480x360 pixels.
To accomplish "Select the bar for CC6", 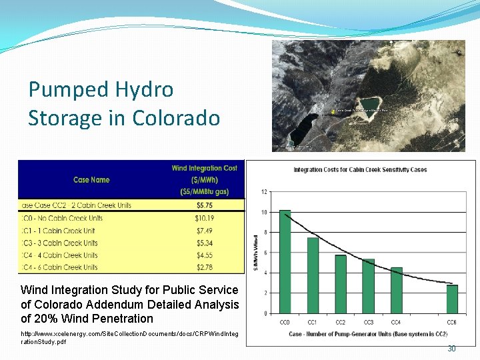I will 452,299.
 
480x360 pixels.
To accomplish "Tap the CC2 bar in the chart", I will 341,284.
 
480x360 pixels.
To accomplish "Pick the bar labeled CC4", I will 396,290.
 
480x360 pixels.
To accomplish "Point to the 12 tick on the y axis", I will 265,192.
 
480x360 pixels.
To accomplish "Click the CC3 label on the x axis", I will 368,323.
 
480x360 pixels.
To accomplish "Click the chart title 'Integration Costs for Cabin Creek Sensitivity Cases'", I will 361,170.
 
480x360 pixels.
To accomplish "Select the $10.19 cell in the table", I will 204,218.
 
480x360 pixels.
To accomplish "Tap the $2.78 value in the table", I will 204,267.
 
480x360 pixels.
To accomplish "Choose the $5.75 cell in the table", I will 204,205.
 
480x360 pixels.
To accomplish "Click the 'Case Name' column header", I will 91,179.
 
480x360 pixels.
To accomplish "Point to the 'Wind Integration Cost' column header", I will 204,168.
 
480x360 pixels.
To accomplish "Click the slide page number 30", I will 451,349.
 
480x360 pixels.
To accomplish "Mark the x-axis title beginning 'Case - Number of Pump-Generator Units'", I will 368,334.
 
